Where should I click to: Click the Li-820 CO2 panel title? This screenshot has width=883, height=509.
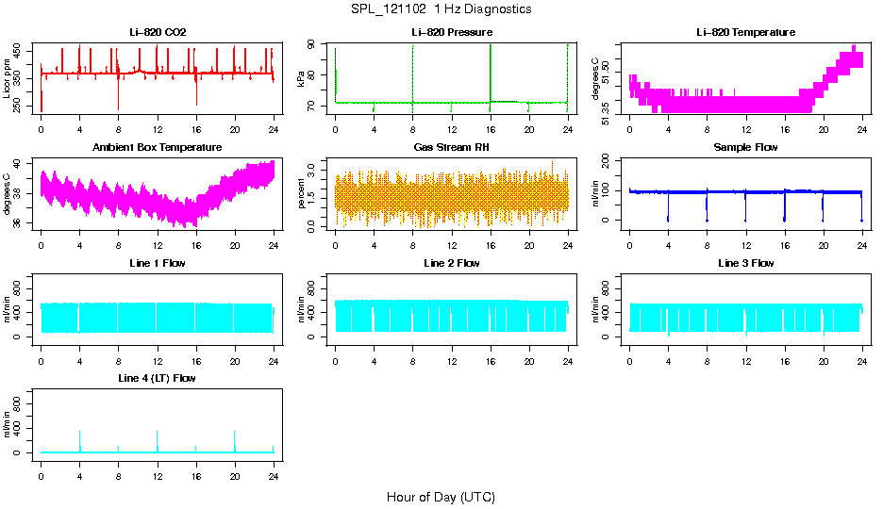click(158, 33)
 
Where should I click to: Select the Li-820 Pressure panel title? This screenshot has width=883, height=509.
click(452, 33)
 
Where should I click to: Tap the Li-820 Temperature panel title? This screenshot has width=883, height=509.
click(745, 33)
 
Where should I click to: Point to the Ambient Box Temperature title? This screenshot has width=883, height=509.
click(158, 148)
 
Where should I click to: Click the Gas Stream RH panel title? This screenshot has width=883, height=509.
click(452, 148)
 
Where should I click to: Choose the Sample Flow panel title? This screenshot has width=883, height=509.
click(745, 148)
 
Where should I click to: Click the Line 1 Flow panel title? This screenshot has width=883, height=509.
click(158, 263)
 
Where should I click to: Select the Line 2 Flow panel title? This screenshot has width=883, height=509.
click(452, 263)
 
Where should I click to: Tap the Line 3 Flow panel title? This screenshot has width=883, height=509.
click(745, 263)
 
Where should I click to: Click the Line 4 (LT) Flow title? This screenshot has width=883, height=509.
click(158, 378)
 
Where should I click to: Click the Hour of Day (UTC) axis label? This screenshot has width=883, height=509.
click(441, 497)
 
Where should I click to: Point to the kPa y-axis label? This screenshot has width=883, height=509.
click(301, 79)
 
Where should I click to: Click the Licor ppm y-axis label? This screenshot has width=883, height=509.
click(8, 79)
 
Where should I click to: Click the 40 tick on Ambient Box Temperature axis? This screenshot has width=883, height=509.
click(20, 164)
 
